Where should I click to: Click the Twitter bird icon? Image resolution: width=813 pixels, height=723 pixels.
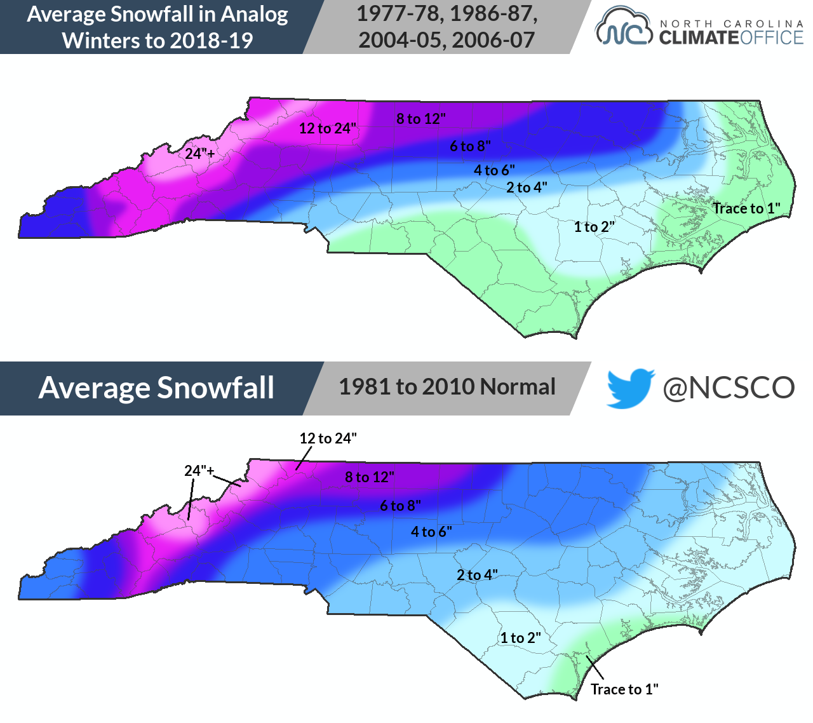click(x=630, y=388)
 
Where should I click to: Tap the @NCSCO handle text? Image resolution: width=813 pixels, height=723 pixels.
click(x=729, y=388)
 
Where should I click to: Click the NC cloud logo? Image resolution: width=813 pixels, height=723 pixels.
click(x=623, y=27)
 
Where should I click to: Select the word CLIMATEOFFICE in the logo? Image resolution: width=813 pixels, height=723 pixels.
click(x=731, y=38)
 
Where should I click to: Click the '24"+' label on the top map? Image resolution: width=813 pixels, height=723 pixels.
click(x=200, y=153)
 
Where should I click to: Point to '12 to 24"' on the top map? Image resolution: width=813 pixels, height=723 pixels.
click(x=328, y=128)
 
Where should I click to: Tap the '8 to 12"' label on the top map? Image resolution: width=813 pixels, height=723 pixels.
click(x=421, y=119)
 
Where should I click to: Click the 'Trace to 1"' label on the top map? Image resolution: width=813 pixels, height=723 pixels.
click(x=746, y=208)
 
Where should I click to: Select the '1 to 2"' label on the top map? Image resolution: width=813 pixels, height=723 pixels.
click(x=595, y=227)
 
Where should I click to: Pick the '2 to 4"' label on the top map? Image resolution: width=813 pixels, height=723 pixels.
click(x=527, y=187)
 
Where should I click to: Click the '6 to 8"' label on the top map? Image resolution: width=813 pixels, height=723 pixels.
click(x=470, y=146)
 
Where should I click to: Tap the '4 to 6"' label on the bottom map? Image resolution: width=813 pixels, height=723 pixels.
click(x=431, y=532)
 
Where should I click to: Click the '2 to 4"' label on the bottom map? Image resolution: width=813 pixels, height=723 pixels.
click(x=477, y=575)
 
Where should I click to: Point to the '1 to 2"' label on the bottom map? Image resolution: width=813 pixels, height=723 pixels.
click(x=520, y=638)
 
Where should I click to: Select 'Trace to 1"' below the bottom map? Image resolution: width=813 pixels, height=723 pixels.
click(x=624, y=689)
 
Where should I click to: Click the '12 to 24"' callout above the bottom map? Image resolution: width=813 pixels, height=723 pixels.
click(x=328, y=438)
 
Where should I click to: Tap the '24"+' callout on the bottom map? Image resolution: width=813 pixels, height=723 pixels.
click(x=199, y=471)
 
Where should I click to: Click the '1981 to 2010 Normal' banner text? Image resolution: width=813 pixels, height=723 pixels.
click(x=447, y=387)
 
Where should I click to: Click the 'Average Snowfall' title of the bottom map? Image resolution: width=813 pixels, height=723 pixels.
click(x=156, y=388)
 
